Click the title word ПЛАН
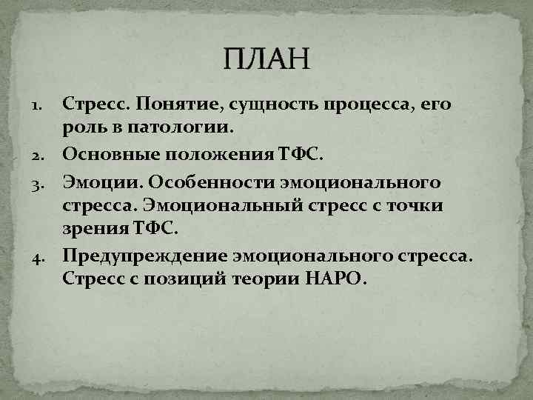pyautogui.click(x=267, y=59)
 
